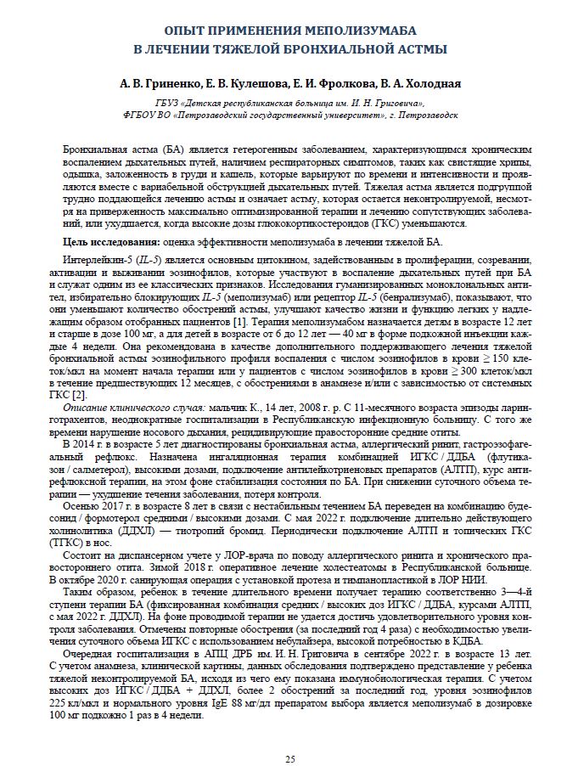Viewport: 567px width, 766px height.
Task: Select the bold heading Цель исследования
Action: coord(110,242)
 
